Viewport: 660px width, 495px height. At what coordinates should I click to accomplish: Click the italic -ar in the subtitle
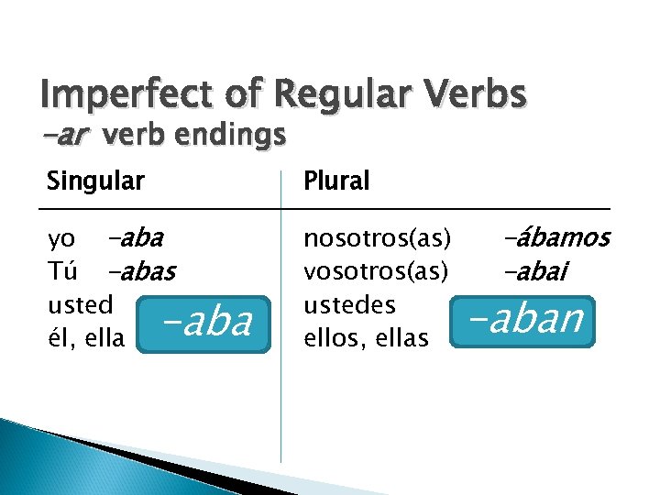click(x=66, y=136)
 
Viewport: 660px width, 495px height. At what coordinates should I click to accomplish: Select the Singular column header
click(x=95, y=181)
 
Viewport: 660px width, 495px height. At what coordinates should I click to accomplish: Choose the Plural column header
click(x=335, y=181)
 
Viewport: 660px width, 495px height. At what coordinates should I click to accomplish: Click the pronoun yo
click(x=61, y=240)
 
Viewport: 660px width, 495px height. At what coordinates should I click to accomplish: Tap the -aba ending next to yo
click(x=134, y=239)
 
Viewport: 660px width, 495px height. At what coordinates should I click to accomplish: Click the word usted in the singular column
click(x=81, y=304)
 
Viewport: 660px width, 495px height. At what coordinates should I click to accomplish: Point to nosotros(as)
click(x=377, y=239)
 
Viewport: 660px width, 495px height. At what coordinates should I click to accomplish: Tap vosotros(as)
click(x=377, y=272)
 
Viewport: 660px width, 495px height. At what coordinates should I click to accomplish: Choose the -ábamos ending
click(x=556, y=238)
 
